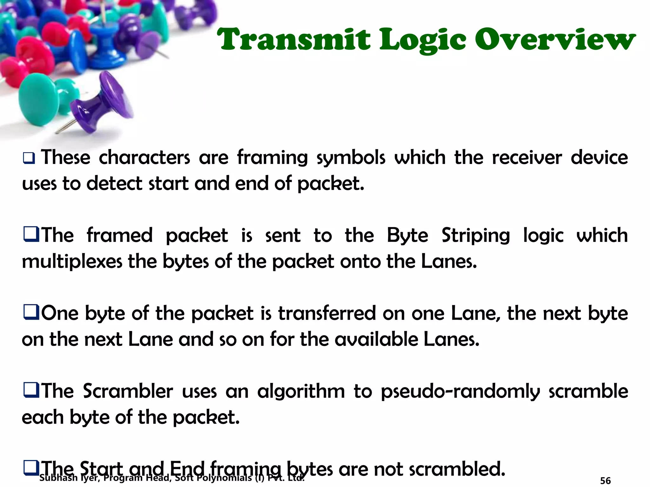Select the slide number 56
click(605, 481)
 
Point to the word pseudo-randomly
click(460, 392)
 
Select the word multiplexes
click(72, 262)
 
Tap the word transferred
click(327, 314)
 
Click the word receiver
click(527, 158)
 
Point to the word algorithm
click(301, 392)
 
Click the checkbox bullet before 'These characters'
click(29, 158)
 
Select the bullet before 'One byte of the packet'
click(31, 313)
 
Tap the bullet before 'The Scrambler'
click(31, 390)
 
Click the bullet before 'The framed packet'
click(31, 235)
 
